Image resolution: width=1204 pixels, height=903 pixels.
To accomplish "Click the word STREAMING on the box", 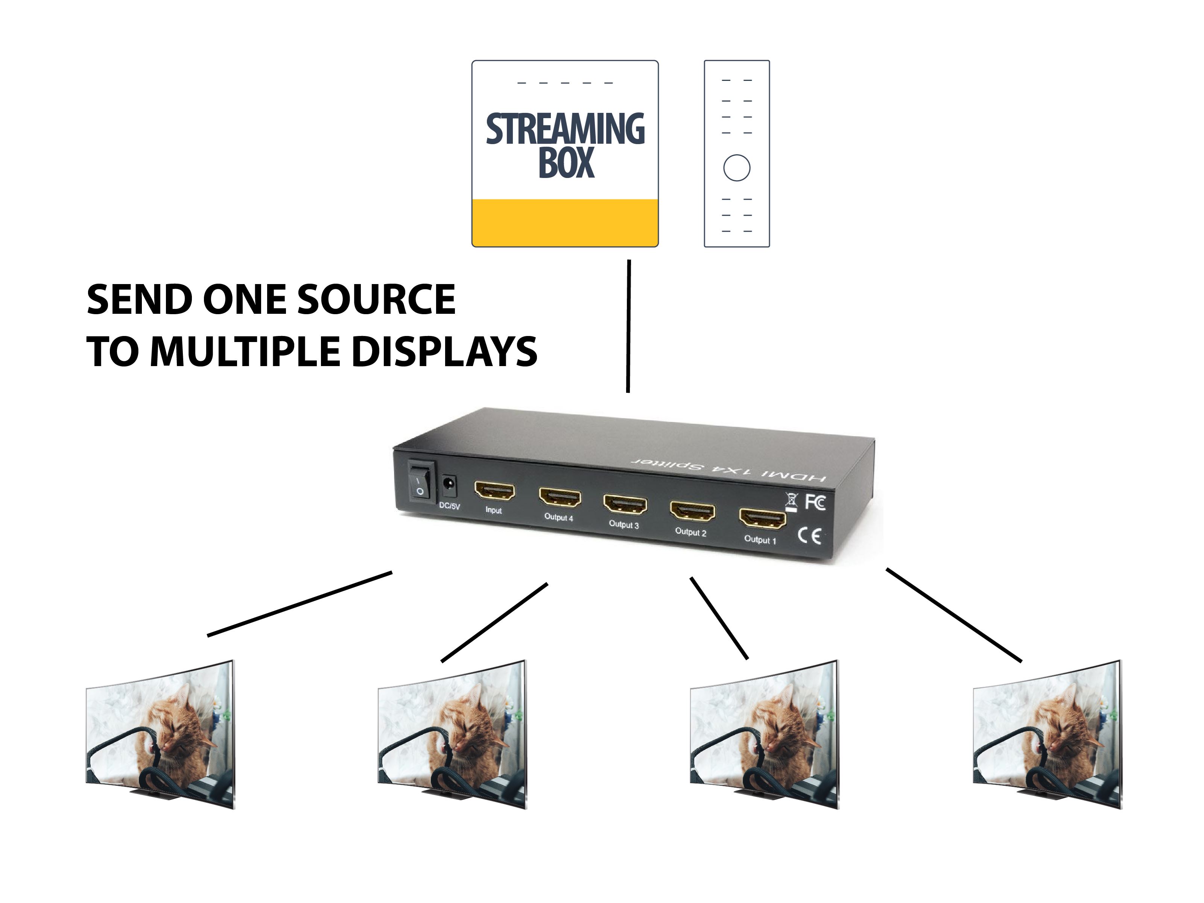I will pos(565,129).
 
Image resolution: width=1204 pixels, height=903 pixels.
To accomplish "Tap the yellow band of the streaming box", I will pos(565,223).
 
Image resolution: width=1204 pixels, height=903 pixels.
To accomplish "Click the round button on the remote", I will pos(736,168).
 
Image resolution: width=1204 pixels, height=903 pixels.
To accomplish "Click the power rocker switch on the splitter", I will pos(421,482).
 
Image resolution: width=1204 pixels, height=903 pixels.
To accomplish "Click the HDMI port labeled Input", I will pos(494,491).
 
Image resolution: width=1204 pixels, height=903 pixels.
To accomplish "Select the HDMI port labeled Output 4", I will pos(559,497).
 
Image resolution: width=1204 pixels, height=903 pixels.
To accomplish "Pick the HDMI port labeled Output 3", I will pos(625,505).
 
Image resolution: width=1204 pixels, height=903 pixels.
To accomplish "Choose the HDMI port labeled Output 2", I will pos(692,512).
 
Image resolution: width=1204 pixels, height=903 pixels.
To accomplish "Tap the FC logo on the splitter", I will pos(815,502).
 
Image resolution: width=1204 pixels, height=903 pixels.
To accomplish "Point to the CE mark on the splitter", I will pos(809,536).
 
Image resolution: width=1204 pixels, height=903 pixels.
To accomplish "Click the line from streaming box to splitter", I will pos(629,327).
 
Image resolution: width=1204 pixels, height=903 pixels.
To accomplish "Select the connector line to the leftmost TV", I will pos(299,603).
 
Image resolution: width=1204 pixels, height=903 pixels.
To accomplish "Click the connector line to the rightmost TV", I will pos(954,615).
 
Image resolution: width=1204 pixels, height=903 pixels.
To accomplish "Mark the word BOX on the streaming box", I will pos(566,163).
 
